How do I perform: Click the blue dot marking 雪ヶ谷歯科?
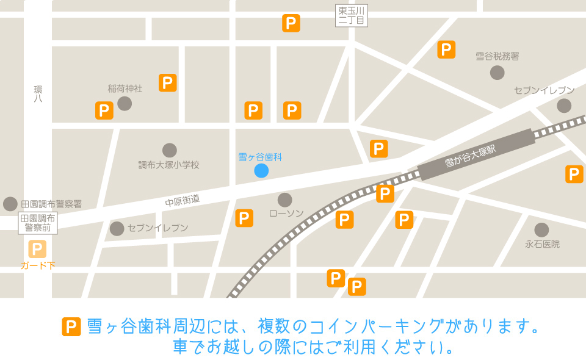coord(261,171)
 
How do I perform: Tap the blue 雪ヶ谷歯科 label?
coord(260,157)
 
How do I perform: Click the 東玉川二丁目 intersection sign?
coord(352,15)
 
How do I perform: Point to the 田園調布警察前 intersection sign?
coord(38,223)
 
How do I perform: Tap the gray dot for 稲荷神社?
coord(125,103)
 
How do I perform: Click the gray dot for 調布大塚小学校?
coord(170,150)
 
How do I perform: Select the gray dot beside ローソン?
coord(285,200)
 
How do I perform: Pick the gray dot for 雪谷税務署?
coord(497,73)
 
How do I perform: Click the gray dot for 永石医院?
coord(541,230)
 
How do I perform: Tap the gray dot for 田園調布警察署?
coord(10,204)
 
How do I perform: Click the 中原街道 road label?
coord(182,200)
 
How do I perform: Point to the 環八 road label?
coord(38,93)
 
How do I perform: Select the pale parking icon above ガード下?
coord(37,249)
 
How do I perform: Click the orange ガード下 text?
coord(38,265)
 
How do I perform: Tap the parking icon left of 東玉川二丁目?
coord(291,23)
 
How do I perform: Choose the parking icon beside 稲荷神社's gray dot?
coord(104,110)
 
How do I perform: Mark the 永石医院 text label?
coord(542,244)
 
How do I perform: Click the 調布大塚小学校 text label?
coord(169,165)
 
